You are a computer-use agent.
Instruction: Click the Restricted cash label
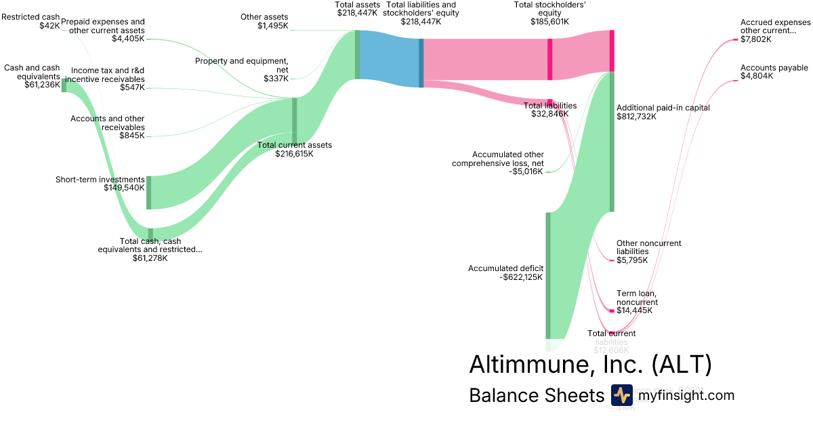coord(30,16)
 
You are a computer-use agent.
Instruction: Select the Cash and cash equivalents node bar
coord(64,85)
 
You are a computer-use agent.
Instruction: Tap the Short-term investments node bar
coord(148,192)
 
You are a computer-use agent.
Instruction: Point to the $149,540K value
coord(124,188)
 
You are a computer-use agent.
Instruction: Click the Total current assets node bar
coord(294,121)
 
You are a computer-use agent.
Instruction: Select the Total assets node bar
coord(357,54)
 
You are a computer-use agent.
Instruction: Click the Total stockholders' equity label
coord(549,13)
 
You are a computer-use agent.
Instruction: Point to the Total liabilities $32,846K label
coord(550,110)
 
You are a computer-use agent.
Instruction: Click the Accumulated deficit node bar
coord(548,274)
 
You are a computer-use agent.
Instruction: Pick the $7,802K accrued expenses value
coord(756,39)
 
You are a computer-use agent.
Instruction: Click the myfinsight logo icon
coord(621,395)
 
